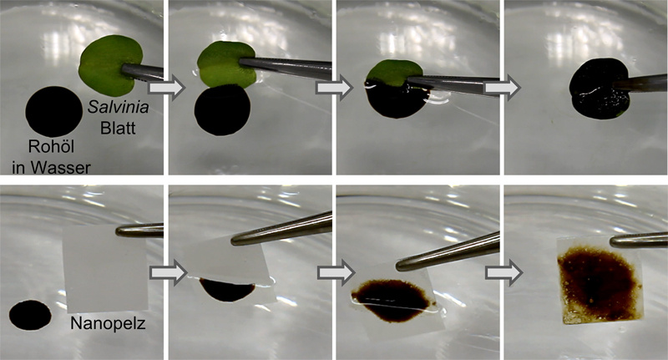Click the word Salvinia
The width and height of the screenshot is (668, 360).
click(x=119, y=108)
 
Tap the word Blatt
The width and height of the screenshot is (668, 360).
click(x=118, y=128)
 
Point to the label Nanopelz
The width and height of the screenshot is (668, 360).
click(x=108, y=324)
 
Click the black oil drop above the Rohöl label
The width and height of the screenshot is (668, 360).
click(x=54, y=112)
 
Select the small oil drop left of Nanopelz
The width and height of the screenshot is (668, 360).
click(x=30, y=315)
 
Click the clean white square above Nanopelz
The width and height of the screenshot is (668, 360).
click(x=105, y=269)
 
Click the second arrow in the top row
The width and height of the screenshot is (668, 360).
click(x=335, y=89)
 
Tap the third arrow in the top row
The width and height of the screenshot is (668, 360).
click(x=503, y=89)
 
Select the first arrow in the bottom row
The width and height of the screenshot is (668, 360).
click(x=169, y=272)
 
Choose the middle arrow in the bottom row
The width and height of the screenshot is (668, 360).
click(x=337, y=272)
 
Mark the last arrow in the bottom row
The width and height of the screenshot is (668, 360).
click(x=504, y=272)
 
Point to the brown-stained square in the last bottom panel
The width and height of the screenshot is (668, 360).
click(x=600, y=281)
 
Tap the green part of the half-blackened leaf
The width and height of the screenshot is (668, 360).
click(x=394, y=72)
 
